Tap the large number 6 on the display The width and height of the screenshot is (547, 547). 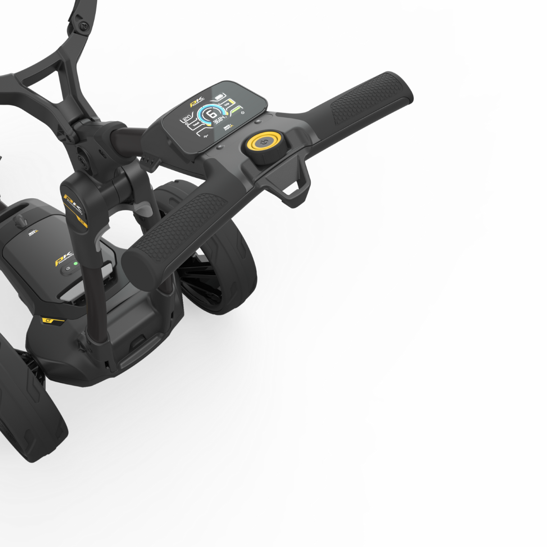coord(211,114)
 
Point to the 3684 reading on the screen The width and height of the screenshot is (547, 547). coord(219,121)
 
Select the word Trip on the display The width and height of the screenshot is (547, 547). coord(227,105)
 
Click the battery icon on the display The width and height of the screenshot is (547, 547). coord(219,96)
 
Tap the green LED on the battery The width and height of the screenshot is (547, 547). coord(76,264)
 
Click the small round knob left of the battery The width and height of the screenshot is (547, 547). coord(19,221)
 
